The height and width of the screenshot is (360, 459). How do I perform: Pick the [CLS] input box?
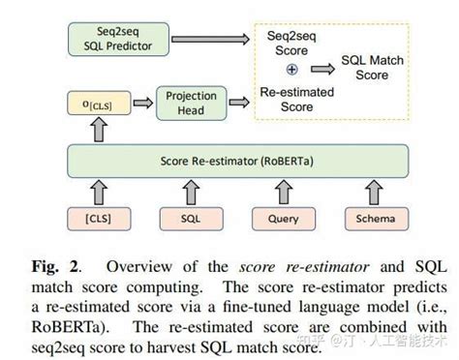click(97, 218)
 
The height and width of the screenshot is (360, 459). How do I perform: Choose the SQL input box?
click(192, 218)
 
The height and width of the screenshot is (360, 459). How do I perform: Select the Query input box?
click(282, 218)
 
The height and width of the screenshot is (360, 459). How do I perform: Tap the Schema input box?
click(373, 218)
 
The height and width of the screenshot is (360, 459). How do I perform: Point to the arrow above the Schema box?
click(373, 190)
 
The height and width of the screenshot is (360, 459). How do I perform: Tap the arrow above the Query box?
click(282, 190)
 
